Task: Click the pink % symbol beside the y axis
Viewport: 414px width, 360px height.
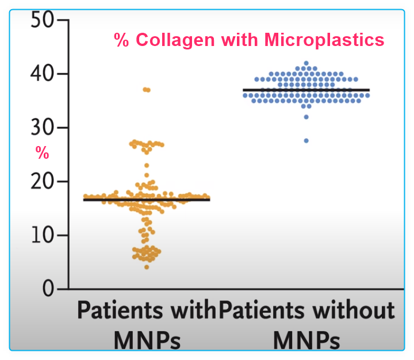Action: tap(42, 152)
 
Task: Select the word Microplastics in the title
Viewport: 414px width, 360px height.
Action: tap(324, 40)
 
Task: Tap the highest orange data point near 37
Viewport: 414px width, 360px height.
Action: tap(147, 90)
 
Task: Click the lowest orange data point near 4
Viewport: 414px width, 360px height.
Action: tap(147, 267)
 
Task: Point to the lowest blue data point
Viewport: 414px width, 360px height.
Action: tap(306, 140)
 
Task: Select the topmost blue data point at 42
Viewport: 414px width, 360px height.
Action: tap(306, 63)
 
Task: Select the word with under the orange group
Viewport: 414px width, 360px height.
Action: tap(193, 311)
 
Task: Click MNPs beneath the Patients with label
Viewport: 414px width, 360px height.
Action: tap(147, 340)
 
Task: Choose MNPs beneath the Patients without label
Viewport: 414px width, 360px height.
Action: tap(306, 340)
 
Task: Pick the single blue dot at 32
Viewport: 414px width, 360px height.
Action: tap(306, 117)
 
